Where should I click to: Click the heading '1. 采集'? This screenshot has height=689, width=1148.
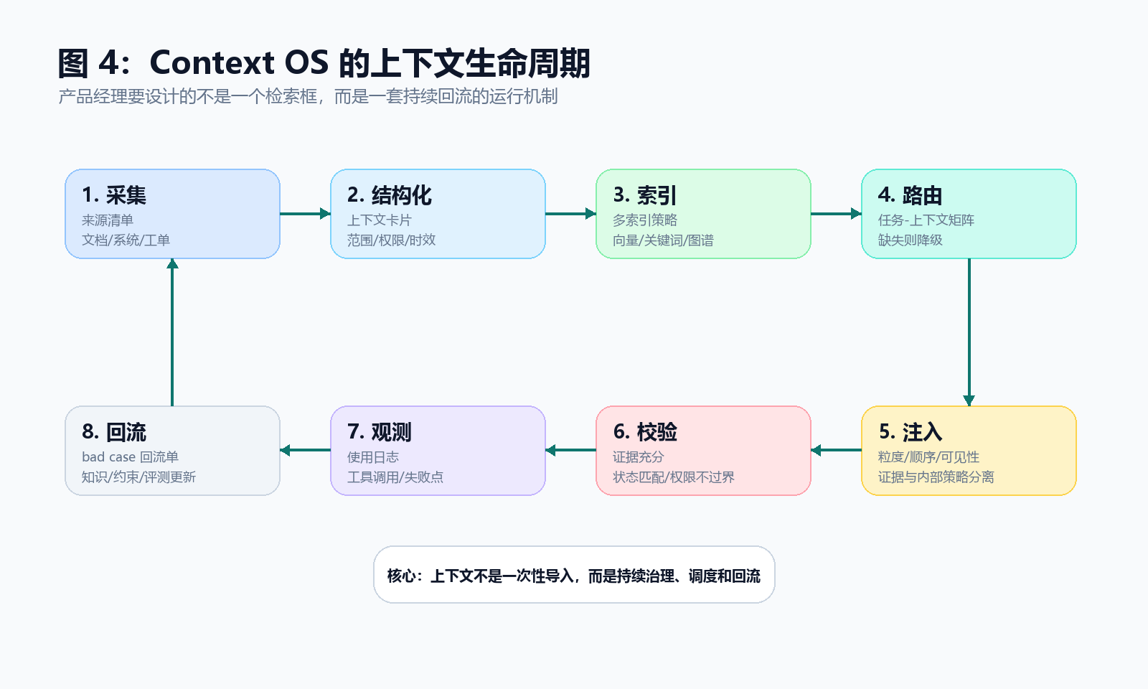point(114,195)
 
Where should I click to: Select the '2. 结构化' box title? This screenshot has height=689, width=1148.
point(390,195)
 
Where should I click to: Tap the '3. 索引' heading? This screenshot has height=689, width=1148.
point(645,195)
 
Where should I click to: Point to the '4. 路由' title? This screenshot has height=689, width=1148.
point(911,195)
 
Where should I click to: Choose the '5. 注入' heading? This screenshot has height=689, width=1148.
point(911,432)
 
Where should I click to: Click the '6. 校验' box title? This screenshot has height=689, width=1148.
point(645,432)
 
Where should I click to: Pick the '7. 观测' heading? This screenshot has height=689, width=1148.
point(380,432)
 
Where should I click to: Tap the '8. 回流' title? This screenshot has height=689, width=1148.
point(114,432)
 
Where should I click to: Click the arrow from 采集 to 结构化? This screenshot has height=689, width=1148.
point(305,214)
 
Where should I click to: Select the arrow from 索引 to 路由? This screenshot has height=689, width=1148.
point(836,214)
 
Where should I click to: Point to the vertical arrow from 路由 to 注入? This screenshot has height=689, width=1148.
point(969,332)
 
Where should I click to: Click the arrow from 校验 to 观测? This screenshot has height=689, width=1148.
point(570,451)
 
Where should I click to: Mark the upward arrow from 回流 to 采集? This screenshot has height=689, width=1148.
point(172,332)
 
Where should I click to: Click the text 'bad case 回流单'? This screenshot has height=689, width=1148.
point(130,456)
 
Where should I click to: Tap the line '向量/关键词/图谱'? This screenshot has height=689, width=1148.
point(663,240)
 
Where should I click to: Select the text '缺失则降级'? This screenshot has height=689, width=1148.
point(911,240)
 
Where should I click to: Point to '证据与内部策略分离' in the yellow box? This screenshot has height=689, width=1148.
point(936,477)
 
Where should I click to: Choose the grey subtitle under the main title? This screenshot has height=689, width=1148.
point(308,96)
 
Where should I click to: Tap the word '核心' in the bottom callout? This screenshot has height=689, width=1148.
point(401,576)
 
